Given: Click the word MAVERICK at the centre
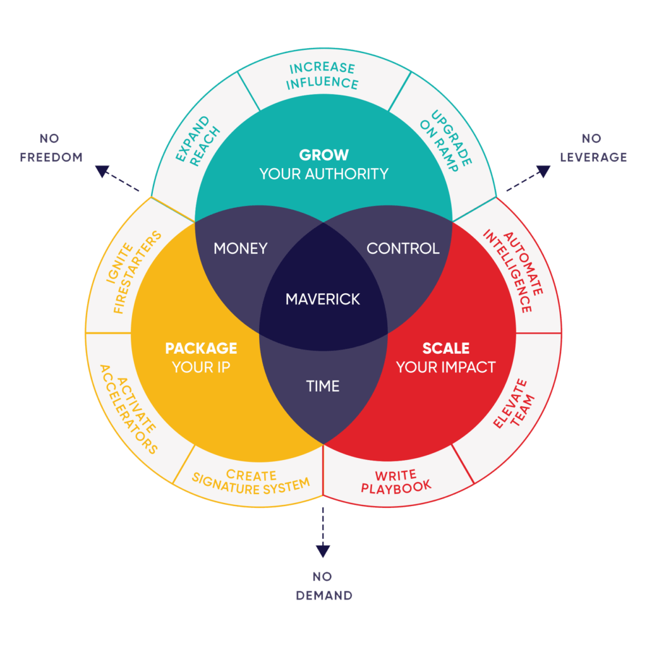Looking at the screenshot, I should (x=323, y=298).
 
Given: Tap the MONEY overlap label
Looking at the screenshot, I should (x=240, y=248).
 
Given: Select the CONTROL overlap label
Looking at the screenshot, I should (x=403, y=248).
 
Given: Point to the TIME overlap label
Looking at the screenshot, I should (x=323, y=386).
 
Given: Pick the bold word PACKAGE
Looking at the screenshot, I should (x=201, y=348).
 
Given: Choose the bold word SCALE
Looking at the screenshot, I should (x=445, y=348).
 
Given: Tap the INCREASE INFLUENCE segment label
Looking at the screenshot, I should (x=323, y=75).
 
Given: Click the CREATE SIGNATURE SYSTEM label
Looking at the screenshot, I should (x=251, y=481).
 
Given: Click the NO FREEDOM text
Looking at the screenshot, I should (x=51, y=148).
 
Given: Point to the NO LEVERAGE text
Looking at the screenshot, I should (x=593, y=148).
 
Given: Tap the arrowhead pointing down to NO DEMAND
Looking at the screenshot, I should (x=323, y=550).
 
